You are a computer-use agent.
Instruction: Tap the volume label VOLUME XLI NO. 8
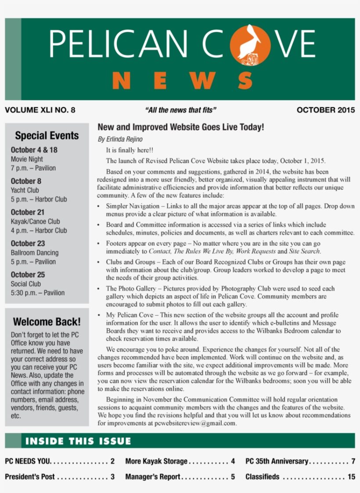(x=40, y=110)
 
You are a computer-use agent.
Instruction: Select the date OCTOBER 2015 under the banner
(x=325, y=110)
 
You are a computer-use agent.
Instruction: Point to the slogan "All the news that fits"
(x=180, y=110)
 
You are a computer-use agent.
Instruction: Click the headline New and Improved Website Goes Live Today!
(x=180, y=127)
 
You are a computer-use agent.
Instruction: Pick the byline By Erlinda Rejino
(x=120, y=140)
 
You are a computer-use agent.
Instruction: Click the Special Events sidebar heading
(x=47, y=136)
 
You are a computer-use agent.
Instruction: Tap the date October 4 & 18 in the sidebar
(x=34, y=150)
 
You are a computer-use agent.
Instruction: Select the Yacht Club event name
(x=25, y=190)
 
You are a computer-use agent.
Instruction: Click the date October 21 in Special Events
(x=27, y=212)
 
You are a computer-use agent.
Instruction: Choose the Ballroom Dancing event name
(x=34, y=252)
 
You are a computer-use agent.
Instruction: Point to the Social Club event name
(x=25, y=284)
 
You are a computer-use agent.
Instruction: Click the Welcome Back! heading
(x=47, y=322)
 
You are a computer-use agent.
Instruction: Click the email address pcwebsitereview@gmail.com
(x=195, y=423)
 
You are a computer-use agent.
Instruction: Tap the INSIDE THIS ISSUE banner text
(x=78, y=441)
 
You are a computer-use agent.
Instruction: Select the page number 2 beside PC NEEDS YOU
(x=112, y=461)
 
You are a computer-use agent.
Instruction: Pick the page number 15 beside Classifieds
(x=351, y=477)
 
